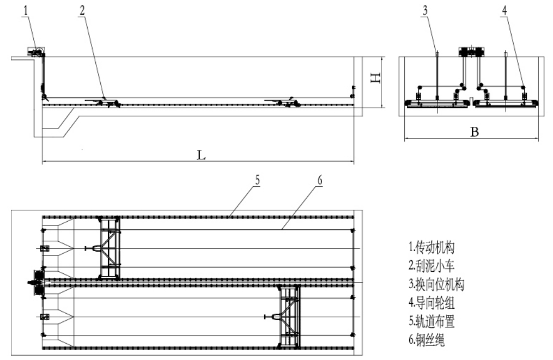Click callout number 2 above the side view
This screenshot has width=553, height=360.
tap(82, 11)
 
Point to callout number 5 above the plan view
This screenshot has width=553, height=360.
tap(256, 179)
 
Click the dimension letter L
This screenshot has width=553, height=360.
tap(202, 156)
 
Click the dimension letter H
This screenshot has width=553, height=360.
tap(374, 80)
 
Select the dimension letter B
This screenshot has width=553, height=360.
tap(474, 132)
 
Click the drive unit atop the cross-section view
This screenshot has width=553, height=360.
tap(471, 52)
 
